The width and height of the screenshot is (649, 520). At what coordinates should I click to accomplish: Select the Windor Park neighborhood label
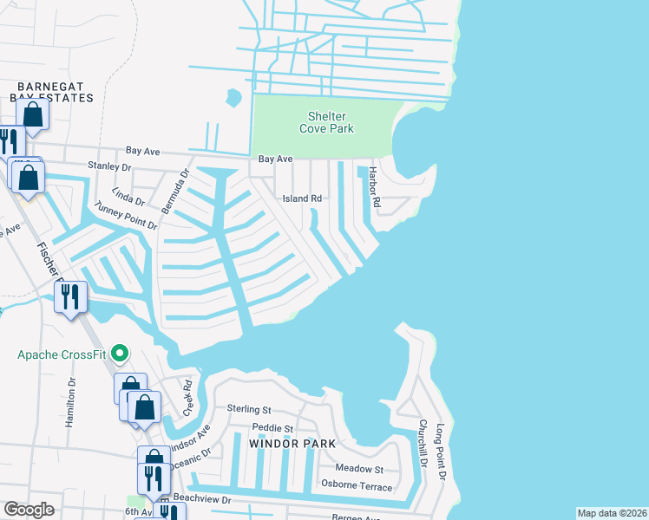coord(285,443)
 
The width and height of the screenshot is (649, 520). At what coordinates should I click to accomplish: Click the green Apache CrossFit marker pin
coord(121,354)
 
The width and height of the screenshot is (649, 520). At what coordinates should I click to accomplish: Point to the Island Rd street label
coord(302,198)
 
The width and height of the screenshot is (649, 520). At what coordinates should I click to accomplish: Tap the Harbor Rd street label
coord(375,187)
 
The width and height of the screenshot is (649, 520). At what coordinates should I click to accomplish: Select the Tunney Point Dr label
coord(126,213)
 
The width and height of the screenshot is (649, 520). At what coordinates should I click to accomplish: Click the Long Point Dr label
coord(441,452)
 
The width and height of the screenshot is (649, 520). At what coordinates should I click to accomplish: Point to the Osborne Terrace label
coord(357,486)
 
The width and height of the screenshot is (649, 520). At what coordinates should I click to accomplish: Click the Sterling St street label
coord(249,409)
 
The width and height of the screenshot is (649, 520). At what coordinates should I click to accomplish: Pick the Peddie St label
coord(272,428)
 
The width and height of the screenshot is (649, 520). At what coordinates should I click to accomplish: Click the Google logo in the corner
coord(29,510)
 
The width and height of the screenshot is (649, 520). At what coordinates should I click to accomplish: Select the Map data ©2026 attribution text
coord(612,513)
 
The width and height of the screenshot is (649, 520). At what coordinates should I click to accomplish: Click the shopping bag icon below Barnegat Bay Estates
coord(32,114)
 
